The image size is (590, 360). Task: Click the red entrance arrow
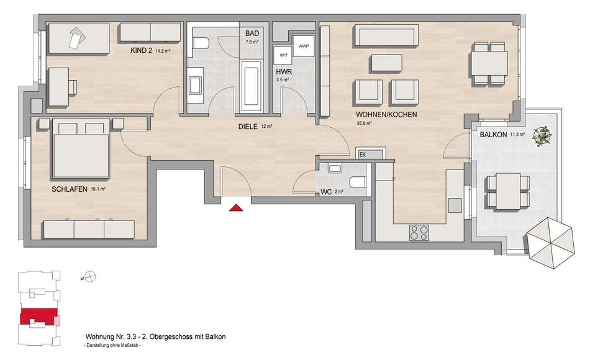pos(236,207)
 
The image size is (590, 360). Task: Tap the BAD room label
pos(252,34)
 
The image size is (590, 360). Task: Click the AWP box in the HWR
pos(303,46)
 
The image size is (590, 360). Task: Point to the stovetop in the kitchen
pos(419,232)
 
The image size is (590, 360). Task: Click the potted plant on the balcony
pos(542,135)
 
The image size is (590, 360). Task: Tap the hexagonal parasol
pos(550,243)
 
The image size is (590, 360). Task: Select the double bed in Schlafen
pos(81,148)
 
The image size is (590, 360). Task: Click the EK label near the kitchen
pos(363,155)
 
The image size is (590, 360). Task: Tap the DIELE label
pos(248,127)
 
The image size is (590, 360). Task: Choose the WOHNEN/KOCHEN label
pos(386,114)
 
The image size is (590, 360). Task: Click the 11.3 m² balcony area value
pos(517,133)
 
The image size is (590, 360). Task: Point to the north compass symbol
pos(89,276)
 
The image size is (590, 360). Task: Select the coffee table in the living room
pos(387,63)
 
